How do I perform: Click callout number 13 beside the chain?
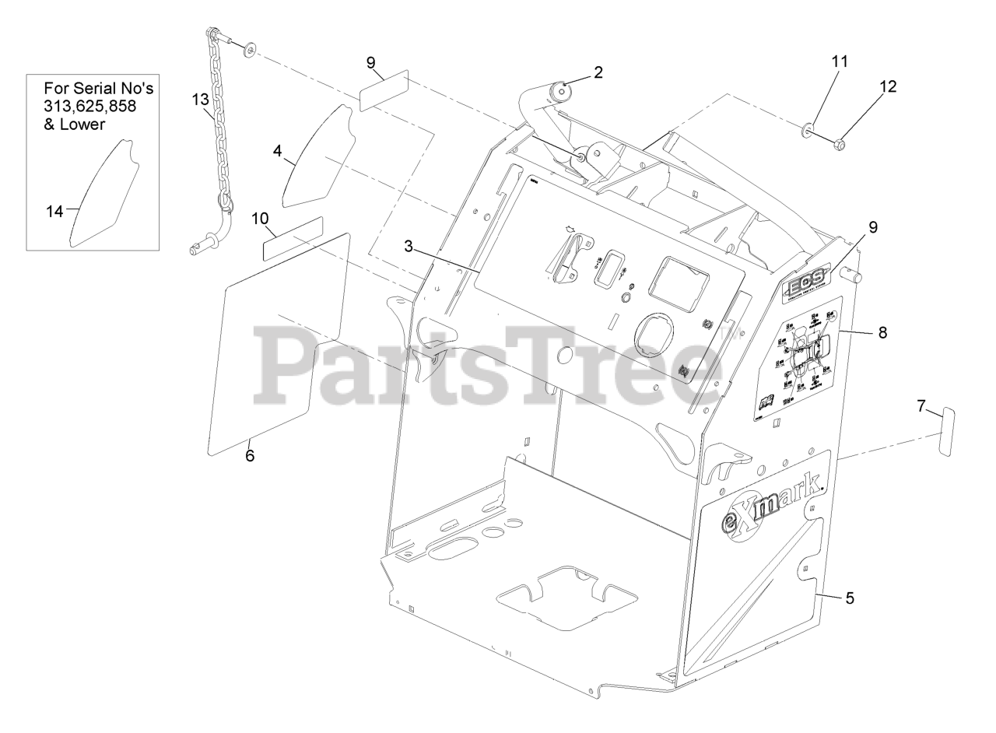tap(201, 99)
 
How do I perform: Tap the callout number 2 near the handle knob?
tap(598, 73)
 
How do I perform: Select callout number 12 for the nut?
tap(888, 86)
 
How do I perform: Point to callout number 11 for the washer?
tap(840, 61)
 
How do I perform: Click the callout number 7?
tap(921, 405)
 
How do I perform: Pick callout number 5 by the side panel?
tap(850, 598)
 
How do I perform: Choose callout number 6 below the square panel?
tap(250, 456)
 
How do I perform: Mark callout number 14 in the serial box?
tap(54, 211)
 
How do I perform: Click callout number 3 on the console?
tap(408, 247)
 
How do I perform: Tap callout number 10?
tap(260, 219)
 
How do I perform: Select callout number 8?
tap(882, 332)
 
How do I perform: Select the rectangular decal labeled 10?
tap(292, 239)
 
